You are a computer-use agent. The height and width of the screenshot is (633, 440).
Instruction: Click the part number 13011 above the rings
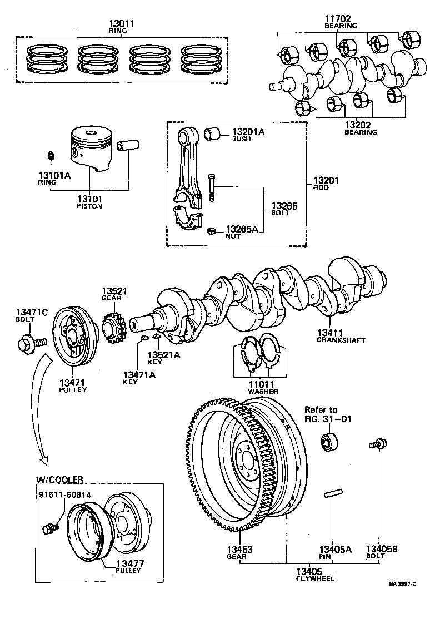point(123,24)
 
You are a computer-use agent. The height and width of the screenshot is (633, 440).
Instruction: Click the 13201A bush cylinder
point(212,133)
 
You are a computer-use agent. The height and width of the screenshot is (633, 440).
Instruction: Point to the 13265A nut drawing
point(211,230)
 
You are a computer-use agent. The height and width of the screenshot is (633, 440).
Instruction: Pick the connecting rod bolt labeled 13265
point(211,187)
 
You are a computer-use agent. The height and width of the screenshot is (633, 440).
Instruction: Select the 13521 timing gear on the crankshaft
point(113,332)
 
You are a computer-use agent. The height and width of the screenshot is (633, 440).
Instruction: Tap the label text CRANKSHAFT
point(341,340)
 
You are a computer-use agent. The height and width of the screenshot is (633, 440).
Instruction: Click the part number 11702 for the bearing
point(341,18)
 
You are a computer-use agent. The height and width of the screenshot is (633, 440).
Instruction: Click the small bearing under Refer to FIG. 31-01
point(328,441)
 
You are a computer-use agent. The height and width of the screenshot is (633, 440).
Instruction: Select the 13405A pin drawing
point(332,494)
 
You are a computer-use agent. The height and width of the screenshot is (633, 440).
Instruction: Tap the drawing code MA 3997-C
point(402,583)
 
